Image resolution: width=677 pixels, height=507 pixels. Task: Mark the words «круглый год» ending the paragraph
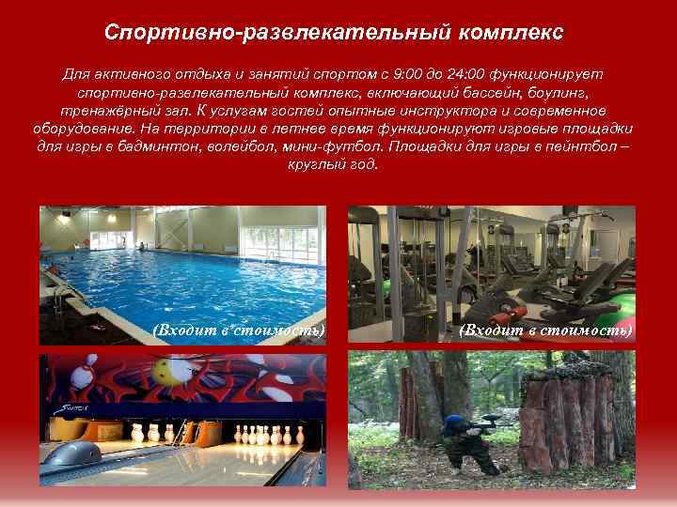(x=333, y=163)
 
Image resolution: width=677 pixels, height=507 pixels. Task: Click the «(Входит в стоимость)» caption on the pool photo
(x=238, y=330)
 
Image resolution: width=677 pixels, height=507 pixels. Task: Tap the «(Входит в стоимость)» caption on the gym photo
(x=546, y=330)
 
